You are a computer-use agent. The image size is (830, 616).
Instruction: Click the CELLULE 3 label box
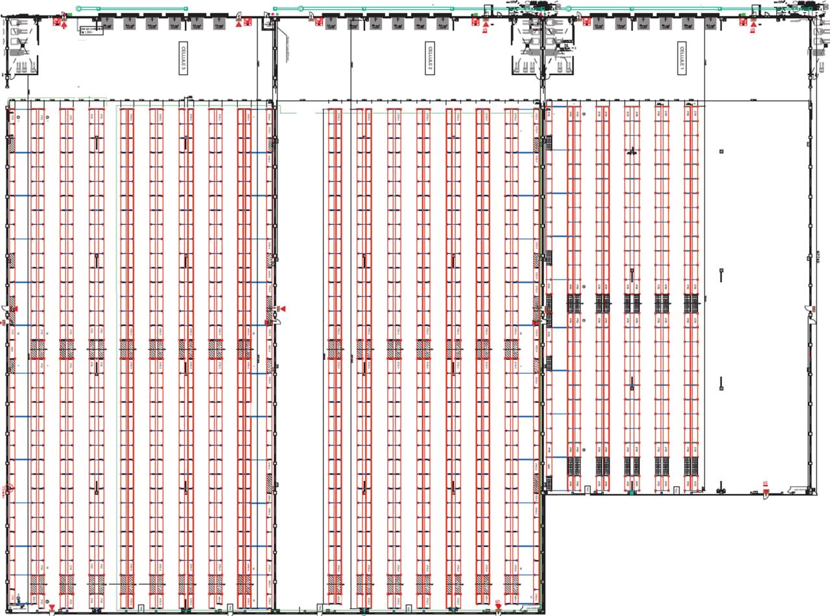[183, 58]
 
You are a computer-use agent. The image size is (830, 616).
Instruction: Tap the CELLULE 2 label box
[429, 58]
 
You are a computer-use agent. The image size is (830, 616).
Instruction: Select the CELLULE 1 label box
[682, 58]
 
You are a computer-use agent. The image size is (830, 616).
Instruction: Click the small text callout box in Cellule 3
[91, 30]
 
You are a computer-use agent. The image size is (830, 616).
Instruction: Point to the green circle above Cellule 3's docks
[79, 8]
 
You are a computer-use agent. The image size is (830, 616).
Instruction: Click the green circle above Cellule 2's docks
[300, 8]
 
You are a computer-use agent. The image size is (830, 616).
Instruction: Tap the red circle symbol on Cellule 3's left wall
[8, 490]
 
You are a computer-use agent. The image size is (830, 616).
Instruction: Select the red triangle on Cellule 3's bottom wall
[52, 608]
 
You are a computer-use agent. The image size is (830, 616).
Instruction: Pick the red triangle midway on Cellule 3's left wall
[15, 309]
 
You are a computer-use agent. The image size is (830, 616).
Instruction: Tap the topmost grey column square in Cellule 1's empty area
[721, 151]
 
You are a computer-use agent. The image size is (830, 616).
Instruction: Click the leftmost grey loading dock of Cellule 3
[106, 23]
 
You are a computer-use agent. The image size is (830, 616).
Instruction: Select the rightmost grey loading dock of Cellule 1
[711, 23]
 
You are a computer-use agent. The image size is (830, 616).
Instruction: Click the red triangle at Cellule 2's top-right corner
[486, 25]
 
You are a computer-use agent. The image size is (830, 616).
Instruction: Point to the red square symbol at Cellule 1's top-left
[587, 22]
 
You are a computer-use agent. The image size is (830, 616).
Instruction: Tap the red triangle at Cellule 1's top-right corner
[753, 24]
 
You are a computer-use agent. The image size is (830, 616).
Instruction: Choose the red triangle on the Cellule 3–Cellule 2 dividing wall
[282, 309]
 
